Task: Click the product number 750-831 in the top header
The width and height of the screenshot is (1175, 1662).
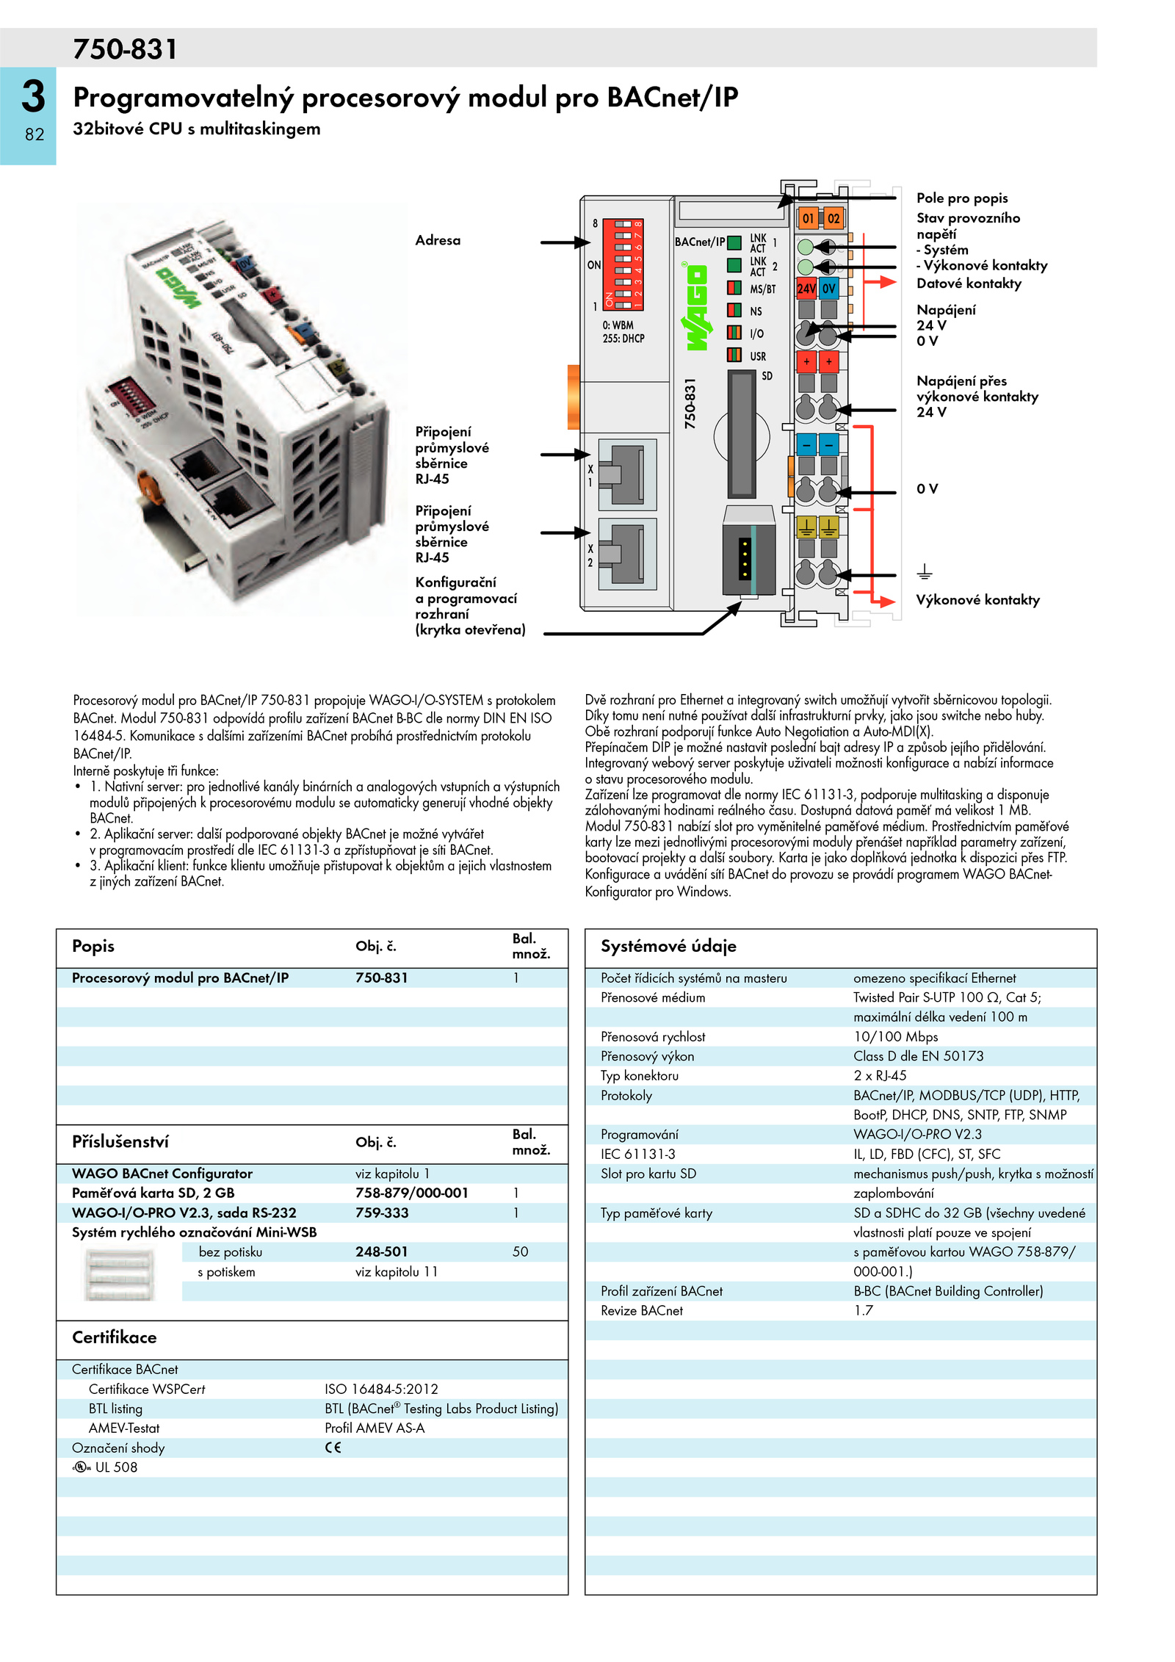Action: pos(125,49)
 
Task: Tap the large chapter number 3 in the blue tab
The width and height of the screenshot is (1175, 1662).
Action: pos(33,96)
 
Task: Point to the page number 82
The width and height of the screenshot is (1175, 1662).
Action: pos(35,134)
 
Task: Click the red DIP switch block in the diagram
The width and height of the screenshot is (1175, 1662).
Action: pos(623,264)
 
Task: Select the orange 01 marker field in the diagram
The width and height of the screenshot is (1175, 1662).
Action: pos(808,218)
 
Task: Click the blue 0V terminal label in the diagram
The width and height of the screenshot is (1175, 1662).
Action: pos(829,289)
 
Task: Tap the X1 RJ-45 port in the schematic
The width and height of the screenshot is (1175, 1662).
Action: pos(626,474)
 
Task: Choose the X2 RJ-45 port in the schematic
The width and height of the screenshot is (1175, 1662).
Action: pos(626,554)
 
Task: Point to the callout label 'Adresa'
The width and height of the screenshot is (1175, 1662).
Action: pos(438,240)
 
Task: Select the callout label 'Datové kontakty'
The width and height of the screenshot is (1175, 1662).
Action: pos(969,283)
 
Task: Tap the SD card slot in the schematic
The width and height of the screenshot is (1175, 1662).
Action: pos(742,434)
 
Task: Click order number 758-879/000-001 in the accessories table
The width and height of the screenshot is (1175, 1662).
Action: pos(411,1193)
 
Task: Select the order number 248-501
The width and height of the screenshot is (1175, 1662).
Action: pos(381,1251)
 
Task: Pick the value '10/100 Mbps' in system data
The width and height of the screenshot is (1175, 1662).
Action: pos(895,1036)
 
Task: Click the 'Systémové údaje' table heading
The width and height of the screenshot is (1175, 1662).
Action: pos(668,946)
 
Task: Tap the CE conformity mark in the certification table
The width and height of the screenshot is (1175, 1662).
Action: pos(333,1448)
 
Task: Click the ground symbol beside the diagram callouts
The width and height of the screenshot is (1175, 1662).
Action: pos(924,571)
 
